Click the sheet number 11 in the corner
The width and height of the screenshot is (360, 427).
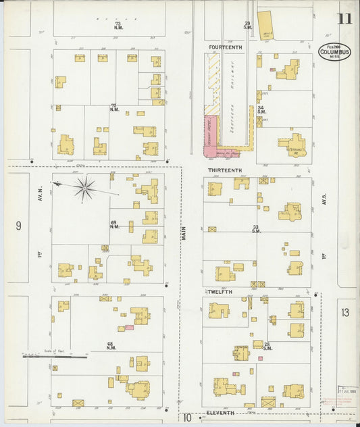344,18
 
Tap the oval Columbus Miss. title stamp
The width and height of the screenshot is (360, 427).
334,51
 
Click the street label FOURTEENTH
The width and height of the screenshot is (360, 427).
225,47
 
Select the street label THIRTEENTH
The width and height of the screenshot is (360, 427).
225,170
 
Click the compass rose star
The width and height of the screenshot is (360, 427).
84,188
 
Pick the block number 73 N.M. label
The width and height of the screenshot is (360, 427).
118,26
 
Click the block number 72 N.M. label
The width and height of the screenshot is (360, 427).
114,107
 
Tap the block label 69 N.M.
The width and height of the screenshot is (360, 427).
114,224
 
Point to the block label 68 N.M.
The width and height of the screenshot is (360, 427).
111,345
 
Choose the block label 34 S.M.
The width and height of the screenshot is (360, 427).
261,109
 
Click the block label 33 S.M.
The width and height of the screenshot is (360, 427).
256,228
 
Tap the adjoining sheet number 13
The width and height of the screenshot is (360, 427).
346,312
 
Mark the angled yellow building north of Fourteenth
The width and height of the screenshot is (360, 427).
265,24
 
